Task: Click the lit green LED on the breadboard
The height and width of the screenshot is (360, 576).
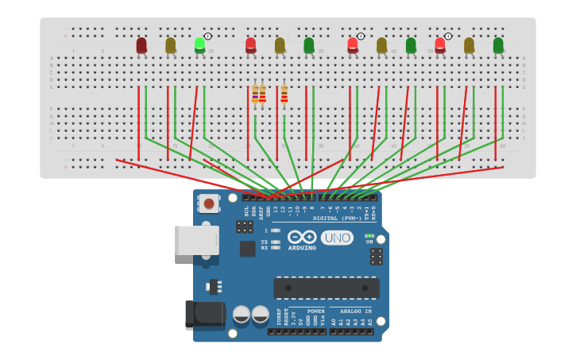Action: click(x=199, y=45)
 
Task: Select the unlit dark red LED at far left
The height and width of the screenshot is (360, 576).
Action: click(x=141, y=45)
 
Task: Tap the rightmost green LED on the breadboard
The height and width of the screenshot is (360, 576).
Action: click(x=498, y=45)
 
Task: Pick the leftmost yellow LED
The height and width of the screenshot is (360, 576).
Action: click(x=171, y=45)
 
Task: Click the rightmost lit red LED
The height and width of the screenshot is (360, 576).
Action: click(x=439, y=45)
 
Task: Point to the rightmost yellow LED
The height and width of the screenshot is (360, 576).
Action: click(x=469, y=45)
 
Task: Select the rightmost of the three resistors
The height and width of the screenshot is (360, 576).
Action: click(x=284, y=95)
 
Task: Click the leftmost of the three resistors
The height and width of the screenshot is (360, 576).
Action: click(x=255, y=95)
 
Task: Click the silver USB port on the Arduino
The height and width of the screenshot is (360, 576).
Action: click(x=196, y=240)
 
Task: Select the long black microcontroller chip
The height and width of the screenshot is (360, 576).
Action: click(x=326, y=288)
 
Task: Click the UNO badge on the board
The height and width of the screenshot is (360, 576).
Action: click(x=337, y=238)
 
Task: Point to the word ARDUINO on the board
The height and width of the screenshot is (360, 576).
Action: click(x=302, y=248)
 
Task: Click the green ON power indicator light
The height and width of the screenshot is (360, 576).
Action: click(x=369, y=236)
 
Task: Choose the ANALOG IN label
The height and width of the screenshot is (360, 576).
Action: click(x=355, y=312)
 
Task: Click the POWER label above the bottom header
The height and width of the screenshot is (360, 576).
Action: click(x=315, y=312)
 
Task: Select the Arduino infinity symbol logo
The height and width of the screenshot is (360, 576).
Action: click(x=302, y=237)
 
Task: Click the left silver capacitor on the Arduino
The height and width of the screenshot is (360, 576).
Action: click(x=242, y=315)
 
